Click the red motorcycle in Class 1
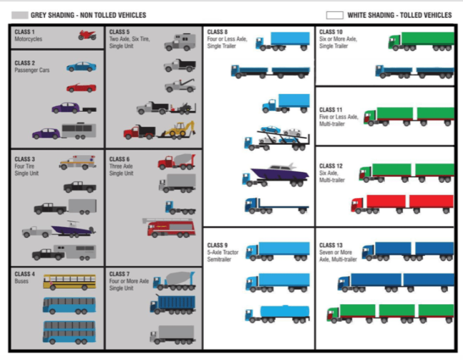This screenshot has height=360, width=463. tap(87, 35)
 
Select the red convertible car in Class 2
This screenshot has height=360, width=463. tap(81, 88)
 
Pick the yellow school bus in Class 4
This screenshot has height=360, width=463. tap(69, 282)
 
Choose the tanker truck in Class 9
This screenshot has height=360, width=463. tap(277, 314)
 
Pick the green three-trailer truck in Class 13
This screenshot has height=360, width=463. tap(390, 313)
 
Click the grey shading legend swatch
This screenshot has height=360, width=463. tap(19, 15)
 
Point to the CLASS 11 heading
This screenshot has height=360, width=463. tap(331, 110)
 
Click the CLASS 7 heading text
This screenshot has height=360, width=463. tap(119, 274)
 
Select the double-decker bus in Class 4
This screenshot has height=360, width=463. tap(69, 332)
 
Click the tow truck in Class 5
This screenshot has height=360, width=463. tap(180, 86)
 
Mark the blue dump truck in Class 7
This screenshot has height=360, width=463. tap(173, 305)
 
